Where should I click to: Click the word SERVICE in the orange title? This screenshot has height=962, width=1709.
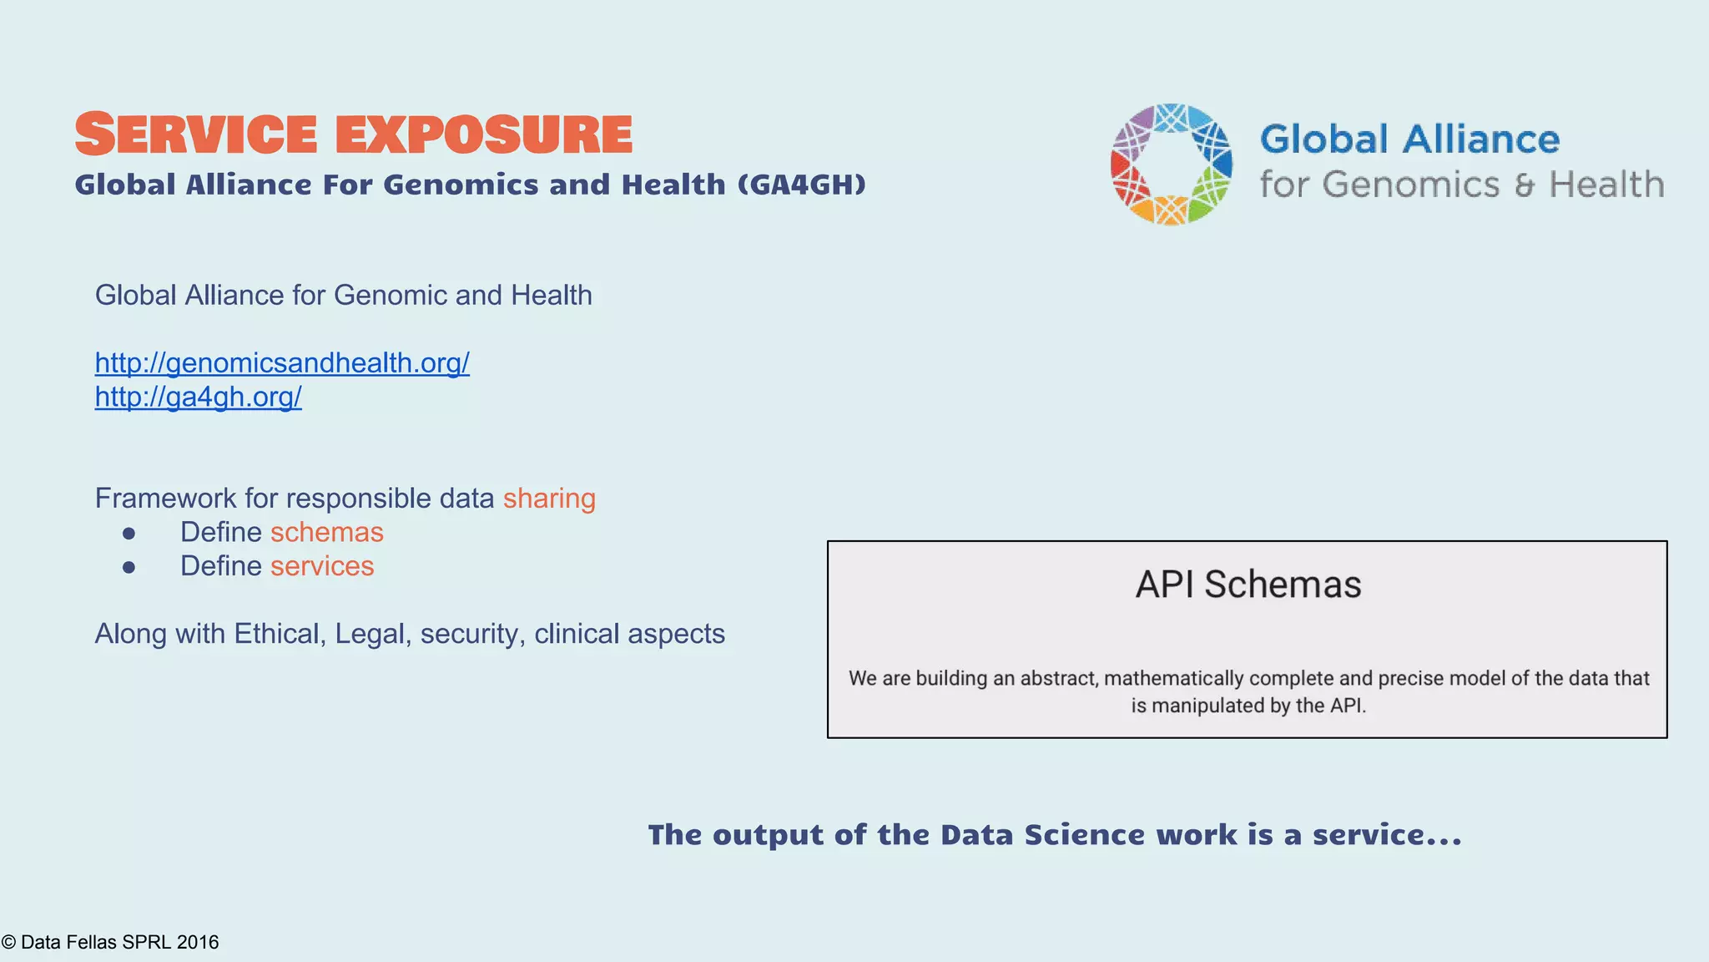pos(196,134)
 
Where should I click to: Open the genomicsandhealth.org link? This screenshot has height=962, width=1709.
pos(282,362)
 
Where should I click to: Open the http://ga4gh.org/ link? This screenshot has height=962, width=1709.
pos(198,397)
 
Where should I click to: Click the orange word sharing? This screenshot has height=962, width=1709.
pos(549,498)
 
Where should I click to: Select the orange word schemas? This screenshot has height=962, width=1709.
pos(327,532)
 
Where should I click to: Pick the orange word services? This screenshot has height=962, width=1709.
pos(322,566)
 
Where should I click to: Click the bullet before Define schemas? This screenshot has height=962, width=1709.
pos(129,533)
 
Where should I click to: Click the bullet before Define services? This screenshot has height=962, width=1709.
pos(129,567)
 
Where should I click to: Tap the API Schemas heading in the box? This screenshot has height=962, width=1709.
pos(1248,585)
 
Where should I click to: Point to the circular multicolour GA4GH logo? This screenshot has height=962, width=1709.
pos(1171,165)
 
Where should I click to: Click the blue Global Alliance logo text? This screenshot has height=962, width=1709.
pos(1409,139)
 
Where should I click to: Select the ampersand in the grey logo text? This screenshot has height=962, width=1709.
pos(1524,185)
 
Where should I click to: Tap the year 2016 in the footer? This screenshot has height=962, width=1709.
pos(198,942)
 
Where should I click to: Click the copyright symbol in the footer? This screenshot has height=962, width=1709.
pos(9,943)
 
